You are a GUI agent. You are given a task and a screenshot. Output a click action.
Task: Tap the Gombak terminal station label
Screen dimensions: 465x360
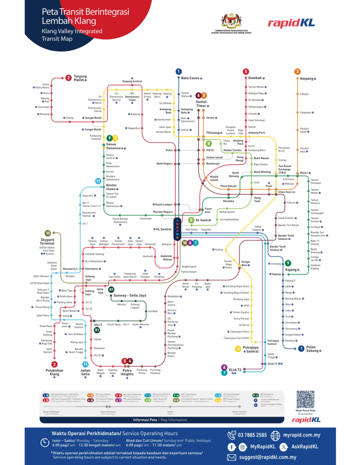pyautogui.click(x=255, y=78)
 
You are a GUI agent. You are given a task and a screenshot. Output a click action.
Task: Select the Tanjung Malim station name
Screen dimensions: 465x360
pyautogui.click(x=80, y=78)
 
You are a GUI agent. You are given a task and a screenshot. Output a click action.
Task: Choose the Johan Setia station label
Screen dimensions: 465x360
pyautogui.click(x=85, y=372)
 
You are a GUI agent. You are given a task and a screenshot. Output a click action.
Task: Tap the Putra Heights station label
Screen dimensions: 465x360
pyautogui.click(x=127, y=372)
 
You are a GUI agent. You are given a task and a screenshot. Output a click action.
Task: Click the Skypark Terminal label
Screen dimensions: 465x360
pyautogui.click(x=47, y=241)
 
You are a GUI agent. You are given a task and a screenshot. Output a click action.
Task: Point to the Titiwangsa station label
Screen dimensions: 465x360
pyautogui.click(x=213, y=133)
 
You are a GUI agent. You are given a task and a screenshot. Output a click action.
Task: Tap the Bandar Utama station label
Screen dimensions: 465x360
pyautogui.click(x=112, y=187)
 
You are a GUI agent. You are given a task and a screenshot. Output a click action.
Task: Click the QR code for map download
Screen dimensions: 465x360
pyautogui.click(x=305, y=399)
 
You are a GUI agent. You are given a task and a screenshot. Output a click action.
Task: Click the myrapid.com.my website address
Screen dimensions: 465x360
pyautogui.click(x=301, y=435)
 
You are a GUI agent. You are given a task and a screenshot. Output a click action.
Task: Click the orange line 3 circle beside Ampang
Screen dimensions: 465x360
pyautogui.click(x=297, y=71)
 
